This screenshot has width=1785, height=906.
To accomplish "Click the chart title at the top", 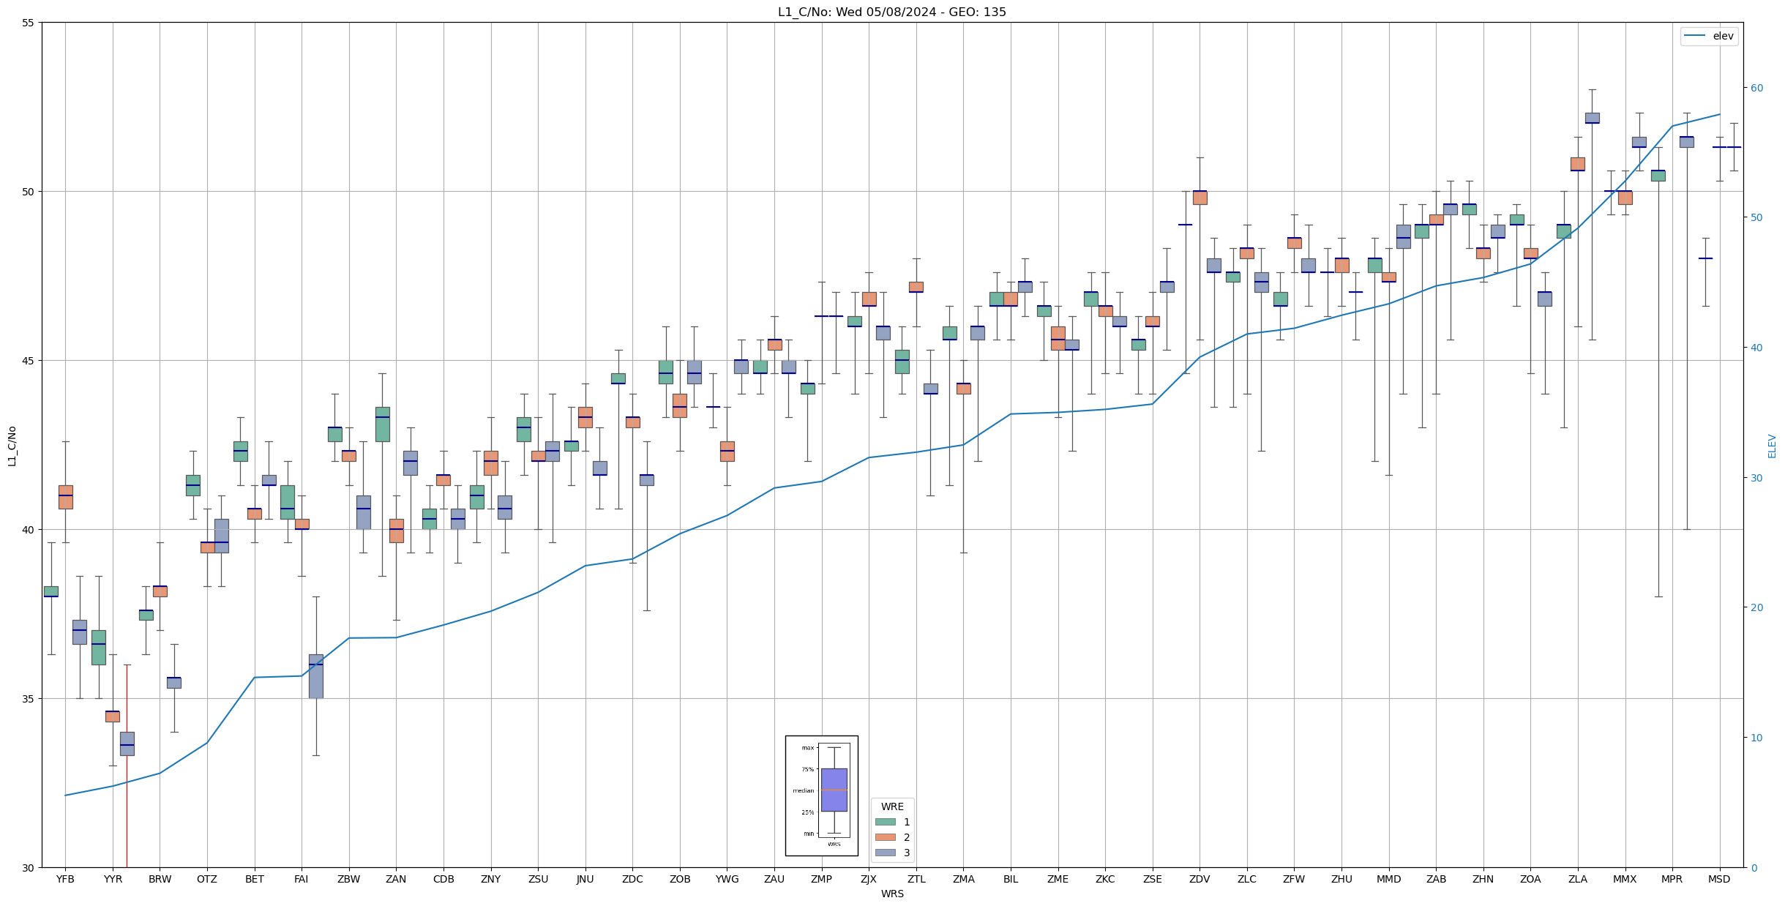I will tap(891, 12).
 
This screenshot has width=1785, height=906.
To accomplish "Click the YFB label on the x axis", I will tap(65, 879).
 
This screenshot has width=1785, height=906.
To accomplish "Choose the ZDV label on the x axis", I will tap(1200, 879).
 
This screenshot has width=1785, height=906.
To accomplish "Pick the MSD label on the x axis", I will tap(1719, 879).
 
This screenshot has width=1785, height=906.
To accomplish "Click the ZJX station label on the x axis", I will tap(869, 879).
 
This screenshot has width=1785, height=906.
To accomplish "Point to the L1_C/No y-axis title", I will tap(12, 445).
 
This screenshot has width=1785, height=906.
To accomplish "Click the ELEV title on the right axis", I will tap(1772, 446).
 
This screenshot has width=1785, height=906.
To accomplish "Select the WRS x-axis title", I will tap(891, 894).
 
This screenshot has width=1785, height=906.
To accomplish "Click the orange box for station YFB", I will tap(66, 497).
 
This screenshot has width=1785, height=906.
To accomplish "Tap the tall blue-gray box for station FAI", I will tap(315, 676).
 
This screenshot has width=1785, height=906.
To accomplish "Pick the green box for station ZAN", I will tap(382, 424).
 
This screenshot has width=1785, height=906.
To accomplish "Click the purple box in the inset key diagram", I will tap(834, 790).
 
